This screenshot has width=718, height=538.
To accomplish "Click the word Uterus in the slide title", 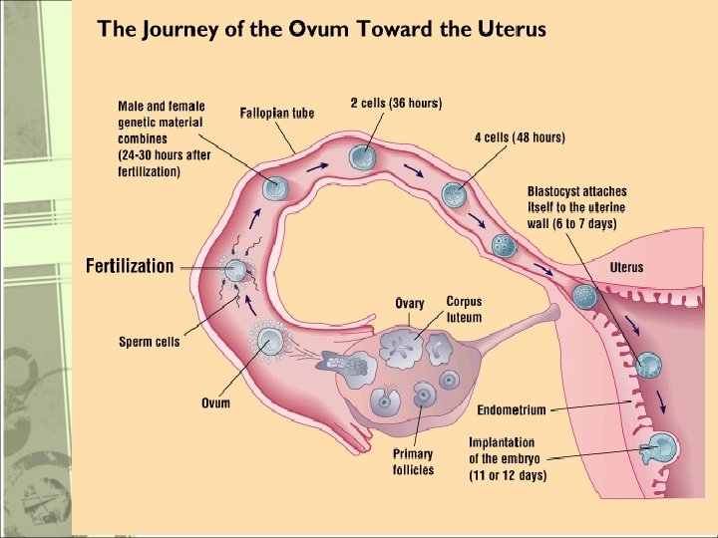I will pos(512,29).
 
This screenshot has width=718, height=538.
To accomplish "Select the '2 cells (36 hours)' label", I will pos(396,103).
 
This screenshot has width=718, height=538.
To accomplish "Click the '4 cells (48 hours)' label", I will pos(520,137).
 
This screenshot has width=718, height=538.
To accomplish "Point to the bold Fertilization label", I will pos(130,266).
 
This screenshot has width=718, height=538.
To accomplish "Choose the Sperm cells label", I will pos(150,342).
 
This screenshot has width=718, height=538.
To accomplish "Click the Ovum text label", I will pos(215,403).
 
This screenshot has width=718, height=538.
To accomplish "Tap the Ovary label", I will pos(410,304).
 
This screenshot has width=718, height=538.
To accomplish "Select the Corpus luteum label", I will pos(464,309).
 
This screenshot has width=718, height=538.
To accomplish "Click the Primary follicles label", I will pos(413,462).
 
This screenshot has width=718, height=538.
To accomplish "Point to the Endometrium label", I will pos(512,409).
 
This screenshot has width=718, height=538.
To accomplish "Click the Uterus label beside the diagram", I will pos(626,267).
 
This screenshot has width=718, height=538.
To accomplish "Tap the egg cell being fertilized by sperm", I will pos(236,269).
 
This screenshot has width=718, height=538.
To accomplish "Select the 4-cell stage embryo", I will pos(454,195).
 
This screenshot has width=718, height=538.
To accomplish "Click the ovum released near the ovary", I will pos(269,343).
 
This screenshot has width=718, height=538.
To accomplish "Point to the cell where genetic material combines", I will pos(274,187).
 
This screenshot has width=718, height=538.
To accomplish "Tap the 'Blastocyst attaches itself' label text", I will pos(576,207).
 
